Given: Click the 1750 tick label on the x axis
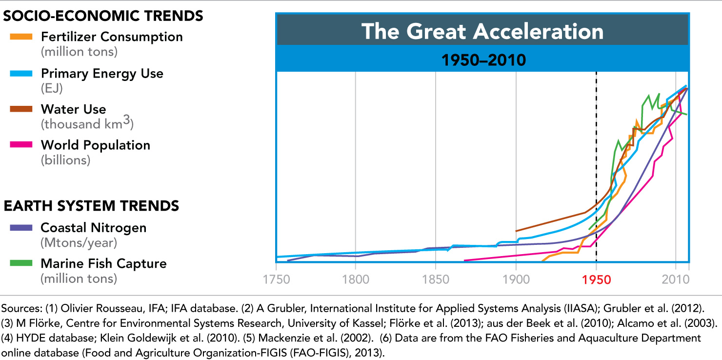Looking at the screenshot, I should tap(276, 280).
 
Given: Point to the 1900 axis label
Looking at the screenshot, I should tap(516, 280).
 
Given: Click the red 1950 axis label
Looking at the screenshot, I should tap(596, 280).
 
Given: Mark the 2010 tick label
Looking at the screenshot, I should tap(676, 280).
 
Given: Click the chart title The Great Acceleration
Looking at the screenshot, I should tap(482, 31).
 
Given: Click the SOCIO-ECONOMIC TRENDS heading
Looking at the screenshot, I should tap(103, 16).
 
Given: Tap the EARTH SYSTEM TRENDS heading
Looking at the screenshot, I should tap(91, 206).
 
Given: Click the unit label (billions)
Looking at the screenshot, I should tap(65, 160).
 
